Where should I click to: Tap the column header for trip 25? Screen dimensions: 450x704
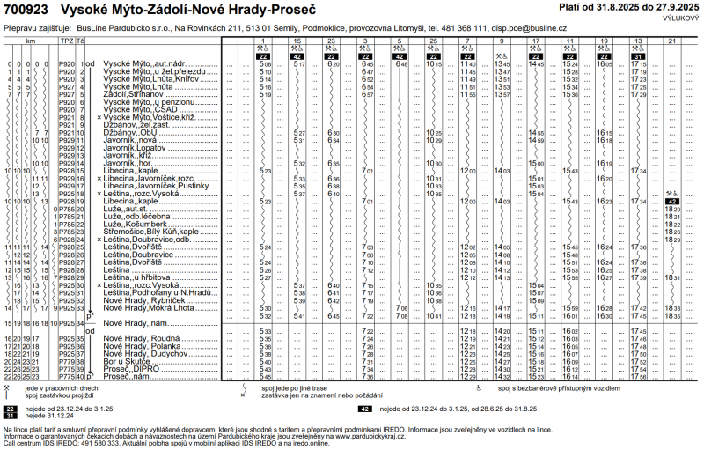(x=433, y=41)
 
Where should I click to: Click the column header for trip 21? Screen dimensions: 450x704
(x=672, y=41)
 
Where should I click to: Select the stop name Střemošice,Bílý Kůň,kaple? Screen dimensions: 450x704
(x=151, y=232)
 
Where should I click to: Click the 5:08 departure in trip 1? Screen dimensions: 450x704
(x=266, y=65)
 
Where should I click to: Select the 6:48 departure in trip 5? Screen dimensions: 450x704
(x=401, y=65)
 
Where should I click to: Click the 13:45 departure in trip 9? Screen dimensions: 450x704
(x=502, y=65)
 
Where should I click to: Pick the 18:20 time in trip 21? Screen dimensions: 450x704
(x=673, y=209)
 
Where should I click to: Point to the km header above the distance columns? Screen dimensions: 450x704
(x=30, y=41)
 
